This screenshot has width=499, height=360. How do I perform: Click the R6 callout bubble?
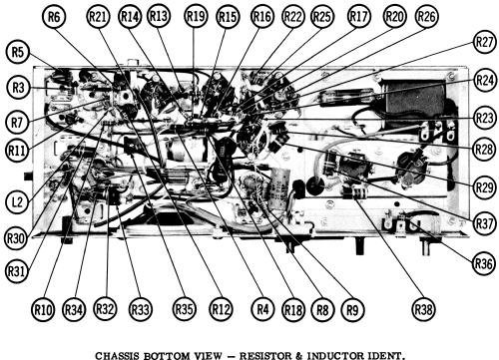point(54,16)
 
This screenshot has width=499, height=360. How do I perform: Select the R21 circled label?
point(98,16)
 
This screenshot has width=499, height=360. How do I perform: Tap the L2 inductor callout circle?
point(17,201)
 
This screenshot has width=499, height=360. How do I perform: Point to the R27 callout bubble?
point(484,42)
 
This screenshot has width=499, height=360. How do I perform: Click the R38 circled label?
point(423,309)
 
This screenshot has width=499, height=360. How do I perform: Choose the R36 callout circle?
point(483,263)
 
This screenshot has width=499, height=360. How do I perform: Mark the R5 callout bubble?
point(18,52)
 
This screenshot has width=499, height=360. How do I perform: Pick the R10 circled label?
point(43,309)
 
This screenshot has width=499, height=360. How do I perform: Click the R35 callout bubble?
point(184,309)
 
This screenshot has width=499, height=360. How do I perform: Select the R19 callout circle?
point(196,16)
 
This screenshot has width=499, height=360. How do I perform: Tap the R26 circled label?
point(426,16)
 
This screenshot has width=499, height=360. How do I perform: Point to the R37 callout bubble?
point(484,223)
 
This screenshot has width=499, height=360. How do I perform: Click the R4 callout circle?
point(262,309)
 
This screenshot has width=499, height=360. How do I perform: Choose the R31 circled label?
point(16,271)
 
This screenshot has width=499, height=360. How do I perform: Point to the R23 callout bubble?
point(484,118)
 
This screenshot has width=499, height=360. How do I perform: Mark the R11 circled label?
point(17,151)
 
